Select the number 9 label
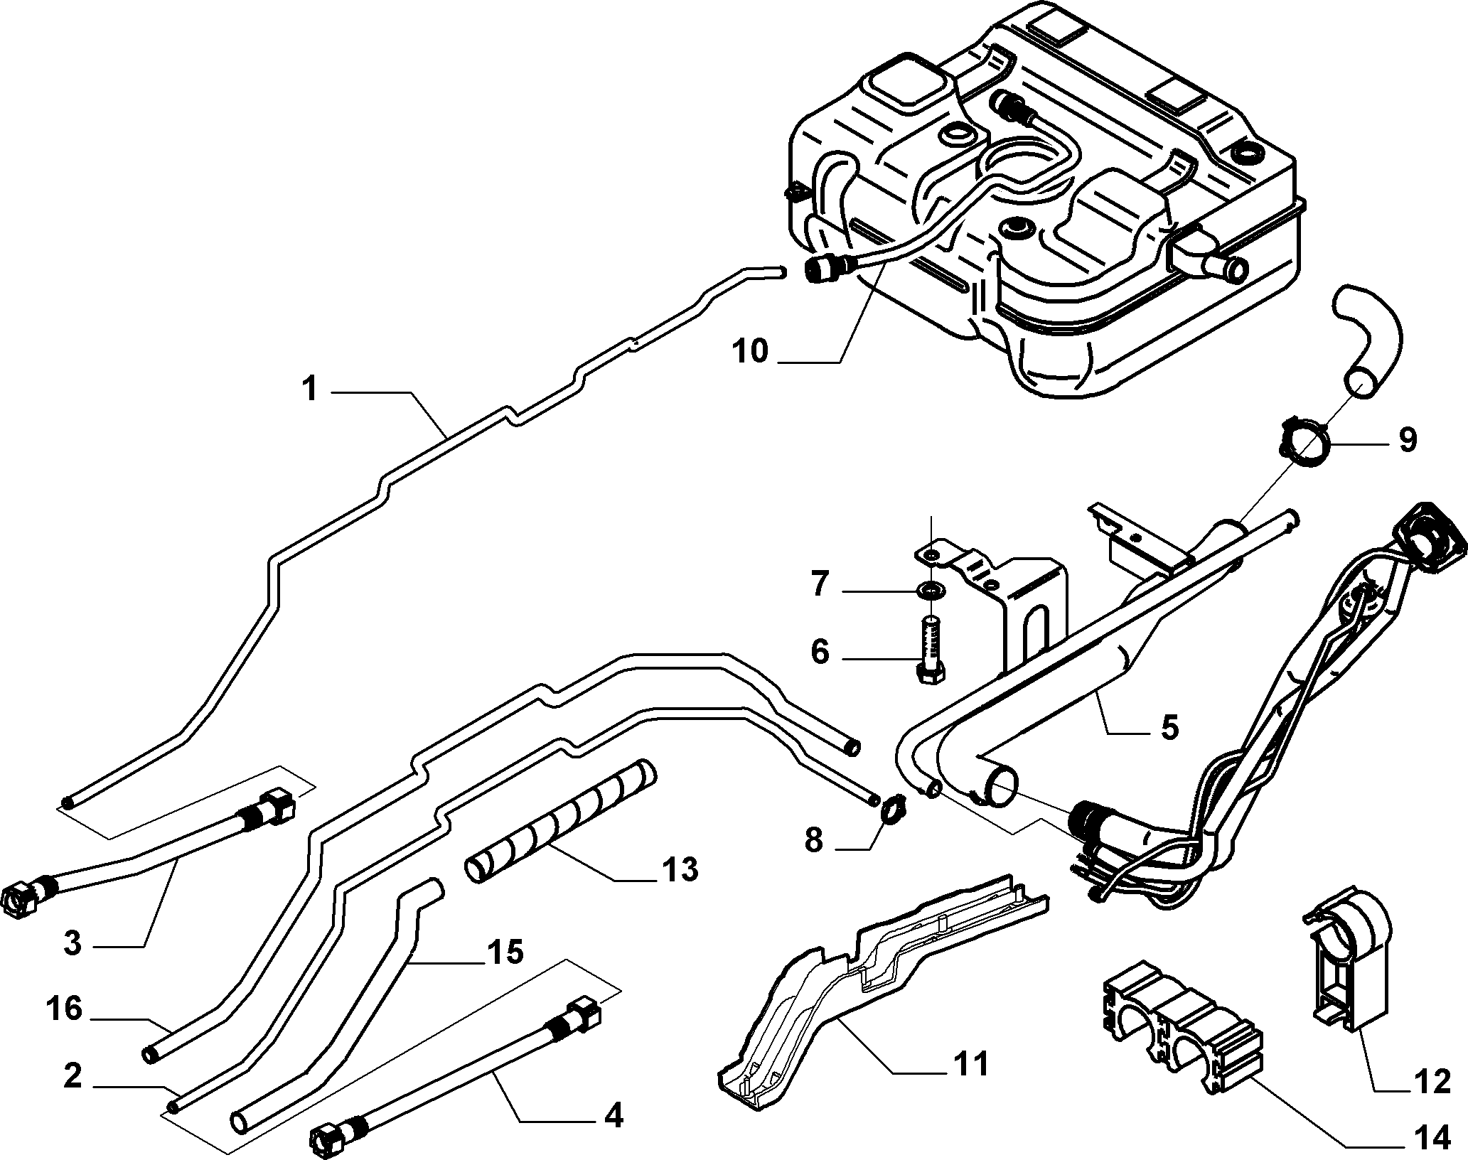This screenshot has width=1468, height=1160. pos(1408,440)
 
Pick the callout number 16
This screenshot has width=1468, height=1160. pos(65,1008)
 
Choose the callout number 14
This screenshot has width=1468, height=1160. pos(1430,1139)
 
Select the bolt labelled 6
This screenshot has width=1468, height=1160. pos(930,649)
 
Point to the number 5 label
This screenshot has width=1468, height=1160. pos(1169,728)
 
